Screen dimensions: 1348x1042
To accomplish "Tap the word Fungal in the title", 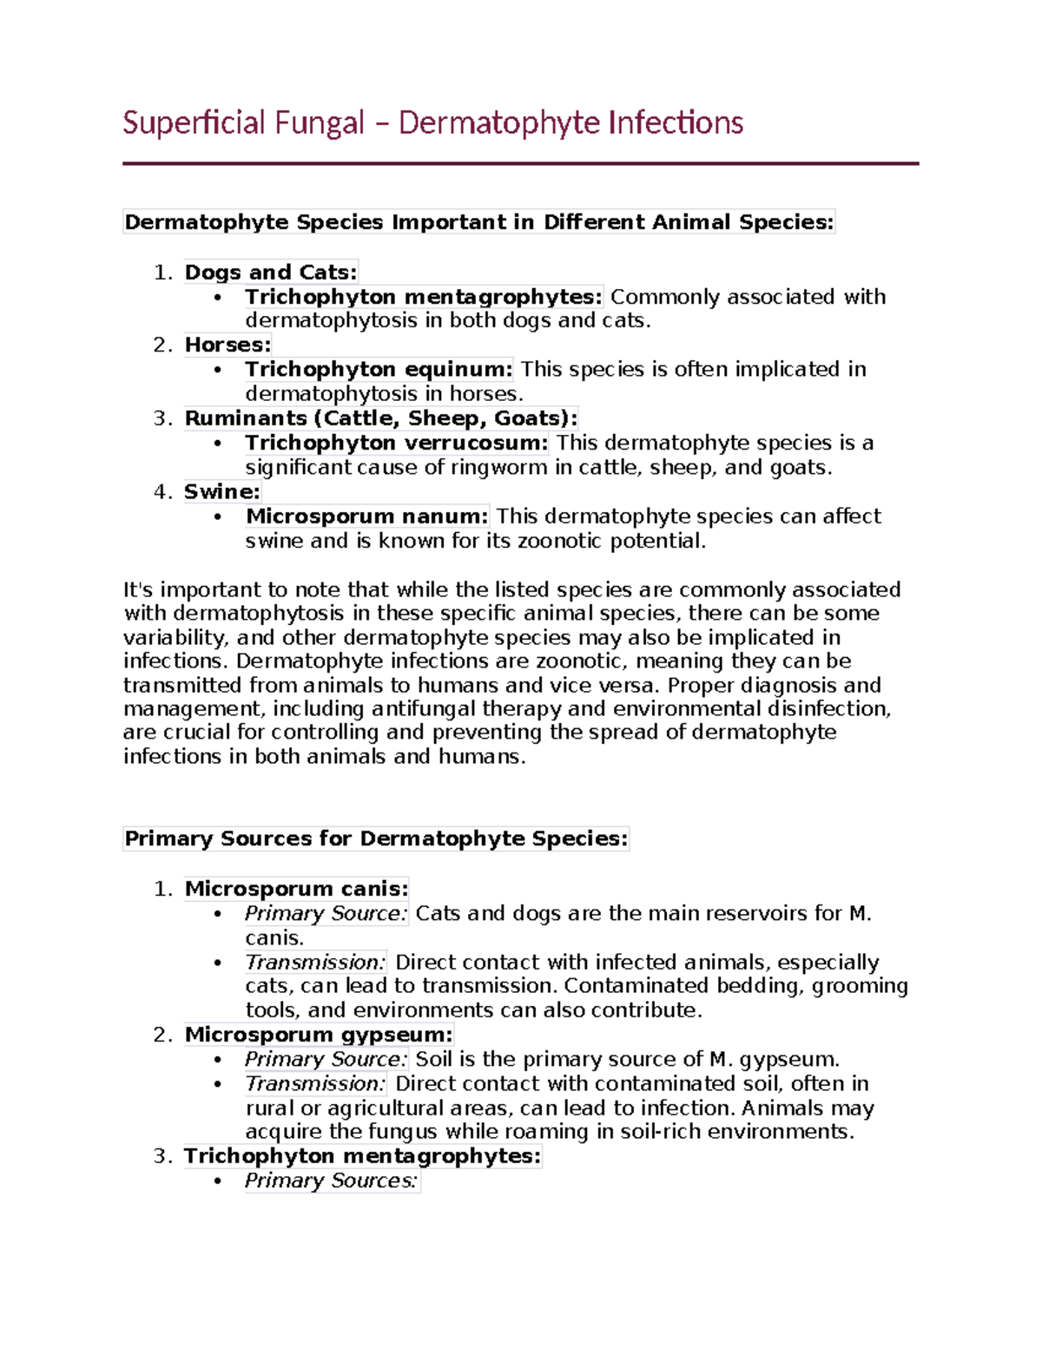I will tap(319, 122).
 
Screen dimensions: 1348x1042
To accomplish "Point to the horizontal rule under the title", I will tap(520, 163).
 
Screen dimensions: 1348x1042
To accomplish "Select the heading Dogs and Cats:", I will tap(270, 273).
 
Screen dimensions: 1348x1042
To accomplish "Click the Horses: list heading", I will tap(228, 345).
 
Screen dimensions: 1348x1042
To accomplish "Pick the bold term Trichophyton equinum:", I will tap(379, 369).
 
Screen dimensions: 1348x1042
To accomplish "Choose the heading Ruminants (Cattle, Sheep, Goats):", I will tap(380, 418).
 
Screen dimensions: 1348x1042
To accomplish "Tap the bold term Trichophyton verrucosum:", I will tap(396, 443).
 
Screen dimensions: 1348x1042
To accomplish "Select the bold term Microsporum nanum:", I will tap(367, 516).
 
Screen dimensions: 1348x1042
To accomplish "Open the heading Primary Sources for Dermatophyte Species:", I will tap(376, 838).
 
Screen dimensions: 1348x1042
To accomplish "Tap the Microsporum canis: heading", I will tap(296, 889).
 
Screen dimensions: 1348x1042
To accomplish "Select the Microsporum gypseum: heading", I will tap(319, 1035).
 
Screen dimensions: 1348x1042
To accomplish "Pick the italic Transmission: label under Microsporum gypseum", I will tap(315, 1083).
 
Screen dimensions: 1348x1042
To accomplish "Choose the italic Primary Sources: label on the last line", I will tap(331, 1180).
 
